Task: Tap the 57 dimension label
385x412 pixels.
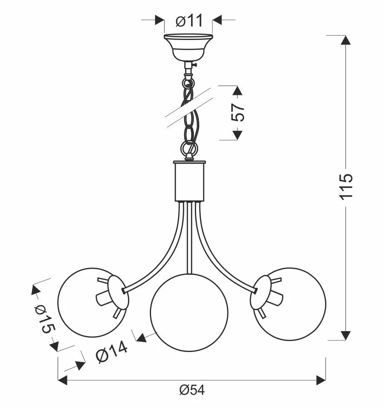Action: click(238, 112)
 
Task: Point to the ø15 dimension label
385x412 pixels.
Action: click(45, 319)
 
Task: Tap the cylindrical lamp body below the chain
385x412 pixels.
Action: click(189, 181)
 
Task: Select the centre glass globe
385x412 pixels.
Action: click(189, 312)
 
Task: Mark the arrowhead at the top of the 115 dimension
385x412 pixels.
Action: click(345, 40)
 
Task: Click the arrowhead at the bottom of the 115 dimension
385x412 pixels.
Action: click(345, 335)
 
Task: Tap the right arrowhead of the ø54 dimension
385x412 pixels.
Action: click(321, 380)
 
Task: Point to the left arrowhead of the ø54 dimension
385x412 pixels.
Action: click(62, 380)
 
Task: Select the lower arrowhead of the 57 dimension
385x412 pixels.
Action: click(237, 135)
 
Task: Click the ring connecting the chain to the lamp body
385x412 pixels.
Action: click(189, 149)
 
